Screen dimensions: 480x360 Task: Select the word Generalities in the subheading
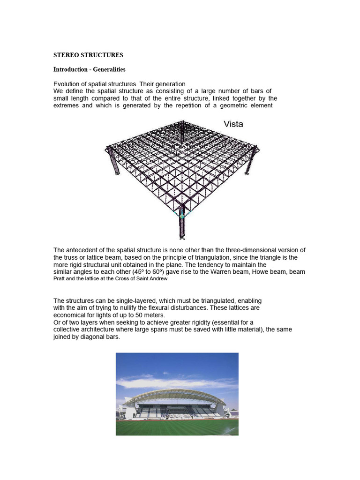pos(109,69)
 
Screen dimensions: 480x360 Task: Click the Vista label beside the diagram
pos(233,124)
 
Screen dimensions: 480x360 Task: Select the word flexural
pos(178,308)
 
